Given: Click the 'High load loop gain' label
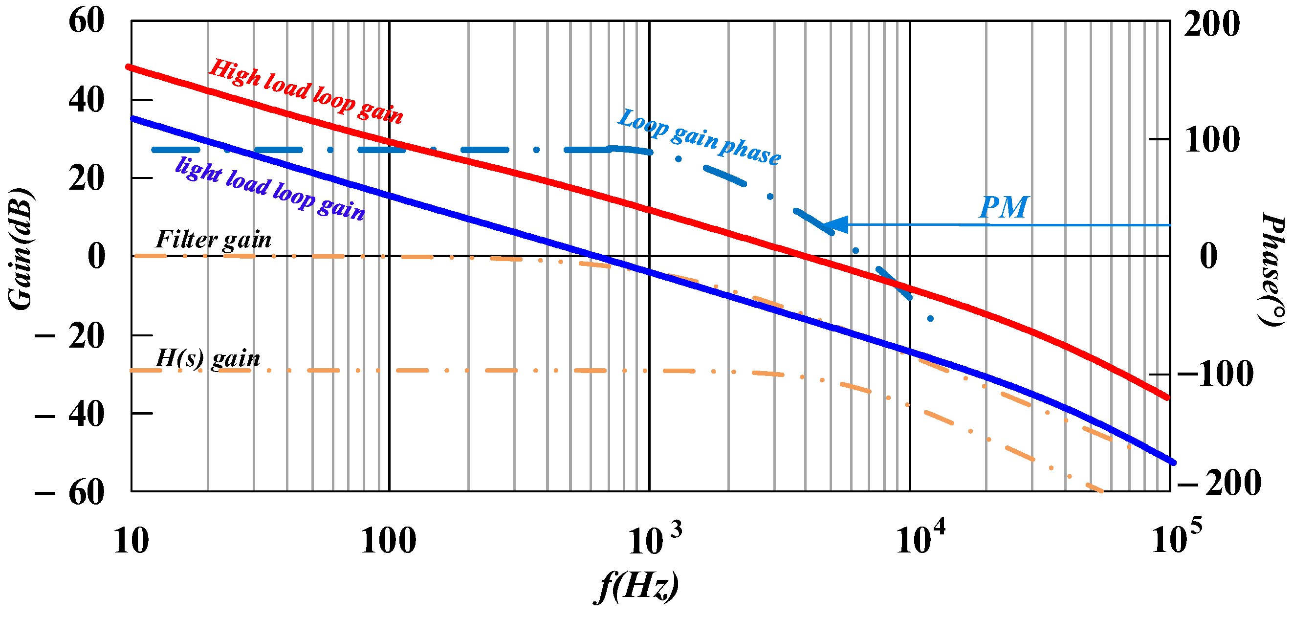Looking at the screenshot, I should pyautogui.click(x=306, y=91).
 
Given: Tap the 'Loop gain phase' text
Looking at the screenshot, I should pyautogui.click(x=699, y=136).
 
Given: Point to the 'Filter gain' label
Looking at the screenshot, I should pyautogui.click(x=213, y=240).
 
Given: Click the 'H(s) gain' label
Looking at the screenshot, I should pyautogui.click(x=208, y=358).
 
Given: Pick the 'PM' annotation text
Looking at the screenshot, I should pyautogui.click(x=1003, y=207).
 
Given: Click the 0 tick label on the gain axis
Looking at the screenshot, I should pyautogui.click(x=96, y=256).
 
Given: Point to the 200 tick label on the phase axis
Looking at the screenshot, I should pyautogui.click(x=1211, y=23).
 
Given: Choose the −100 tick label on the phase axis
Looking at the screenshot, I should pyautogui.click(x=1214, y=374).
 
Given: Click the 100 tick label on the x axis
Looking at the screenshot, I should pyautogui.click(x=389, y=542).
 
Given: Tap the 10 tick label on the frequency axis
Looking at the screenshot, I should pyautogui.click(x=131, y=542).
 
